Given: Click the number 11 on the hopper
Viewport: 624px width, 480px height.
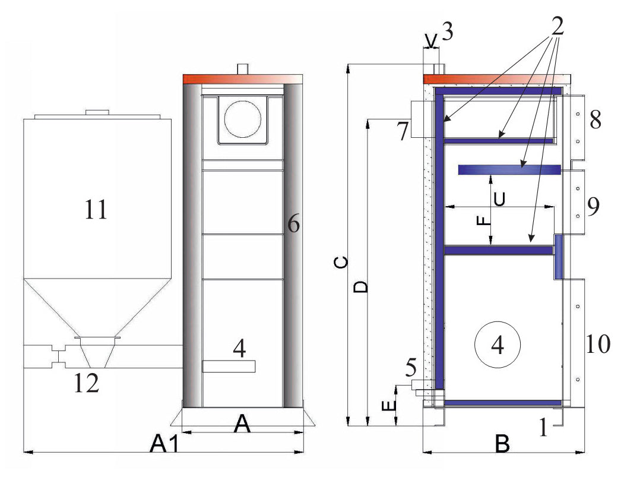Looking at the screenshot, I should pyautogui.click(x=96, y=210).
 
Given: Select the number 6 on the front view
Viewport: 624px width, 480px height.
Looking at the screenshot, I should pyautogui.click(x=293, y=224).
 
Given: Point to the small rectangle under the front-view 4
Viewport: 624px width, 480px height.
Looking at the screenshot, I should pyautogui.click(x=229, y=367).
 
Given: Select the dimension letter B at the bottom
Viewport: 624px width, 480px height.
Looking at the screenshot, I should pyautogui.click(x=502, y=443).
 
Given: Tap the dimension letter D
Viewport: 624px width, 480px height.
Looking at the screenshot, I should pyautogui.click(x=362, y=287).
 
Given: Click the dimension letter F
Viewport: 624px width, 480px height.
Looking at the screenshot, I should pyautogui.click(x=484, y=220).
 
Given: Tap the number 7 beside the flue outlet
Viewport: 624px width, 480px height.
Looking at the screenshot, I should pyautogui.click(x=403, y=131).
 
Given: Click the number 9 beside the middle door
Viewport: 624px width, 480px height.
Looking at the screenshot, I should pyautogui.click(x=593, y=206).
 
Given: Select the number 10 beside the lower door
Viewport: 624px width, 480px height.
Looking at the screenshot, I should pyautogui.click(x=597, y=344).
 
